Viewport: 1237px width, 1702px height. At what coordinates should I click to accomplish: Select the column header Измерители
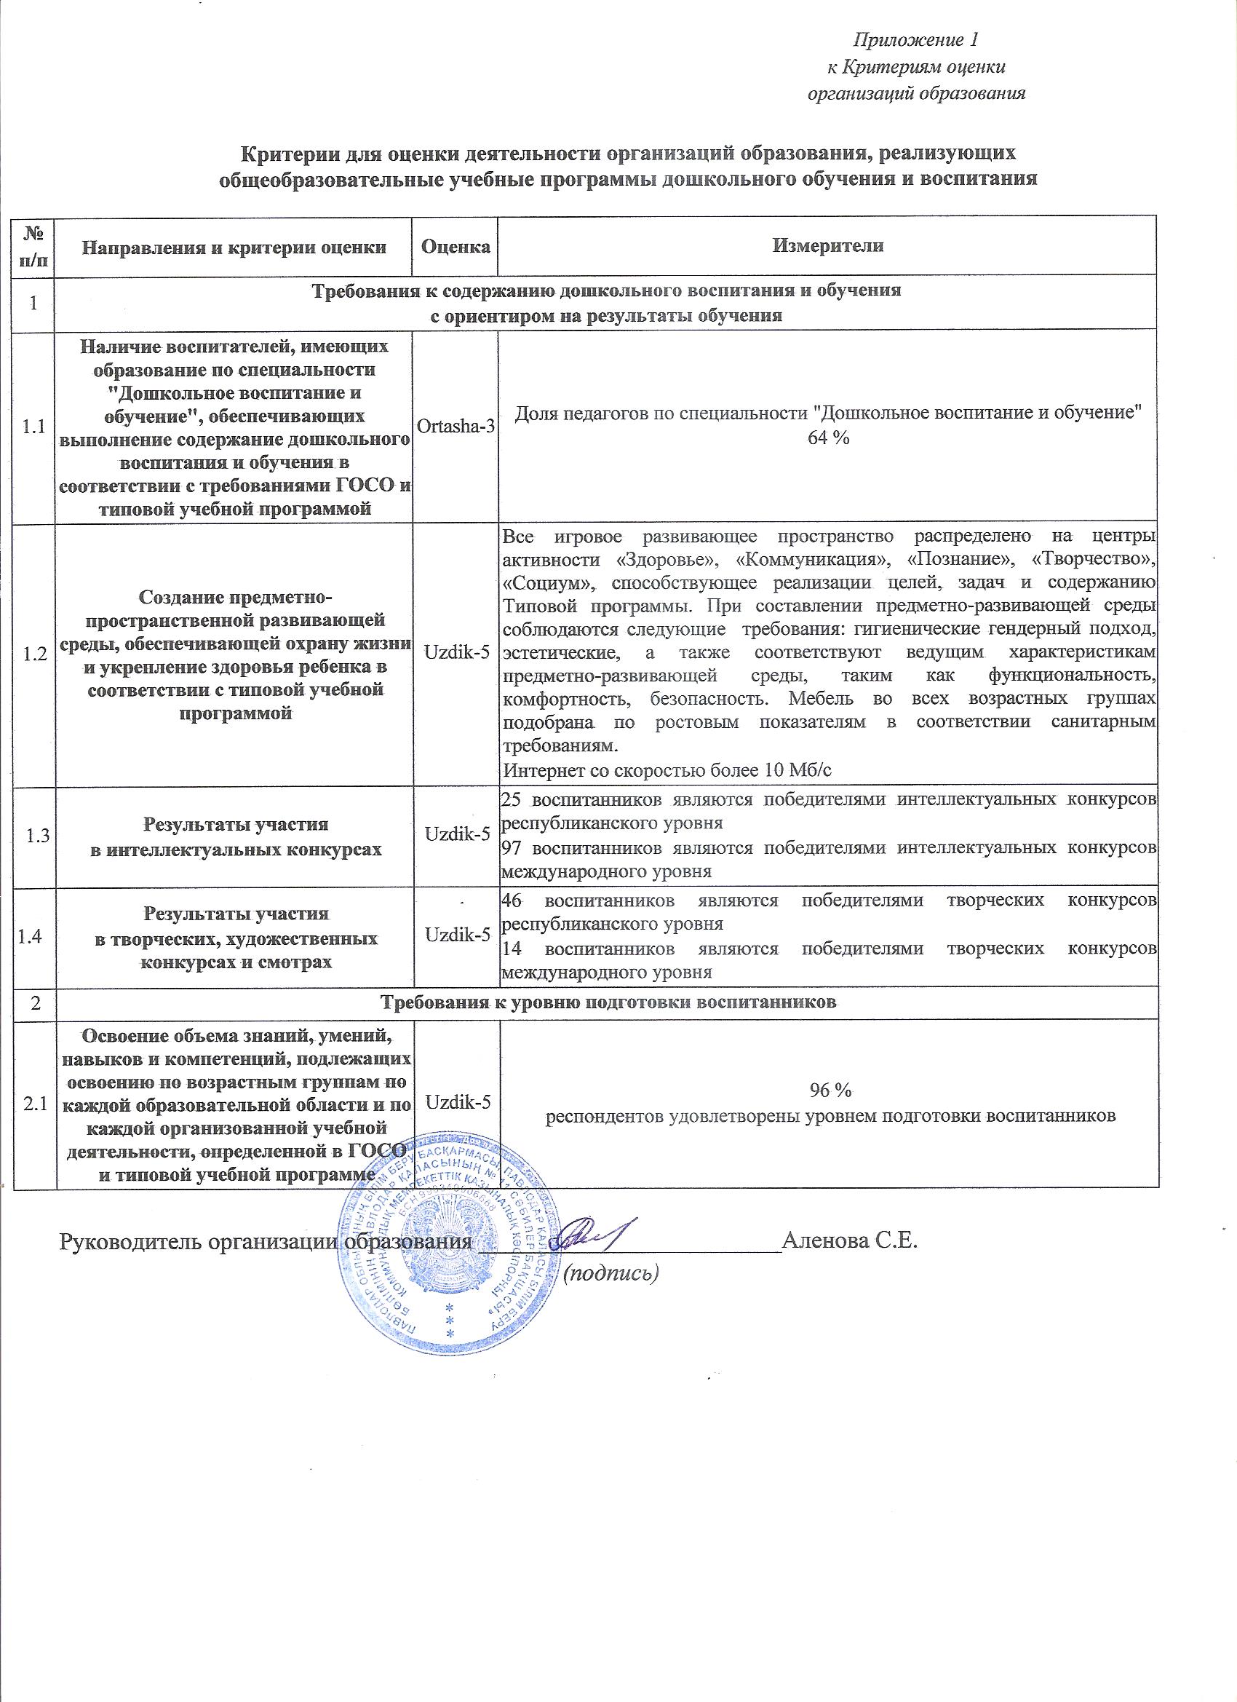[828, 246]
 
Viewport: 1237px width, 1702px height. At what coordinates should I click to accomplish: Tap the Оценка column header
[456, 246]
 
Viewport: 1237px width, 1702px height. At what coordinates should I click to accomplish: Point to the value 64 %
[828, 439]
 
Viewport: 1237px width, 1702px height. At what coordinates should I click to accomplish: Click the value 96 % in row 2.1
[830, 1090]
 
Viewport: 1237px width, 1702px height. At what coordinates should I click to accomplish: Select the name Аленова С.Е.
[850, 1240]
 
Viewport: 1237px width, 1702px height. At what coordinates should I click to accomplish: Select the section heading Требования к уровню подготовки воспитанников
[608, 1002]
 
